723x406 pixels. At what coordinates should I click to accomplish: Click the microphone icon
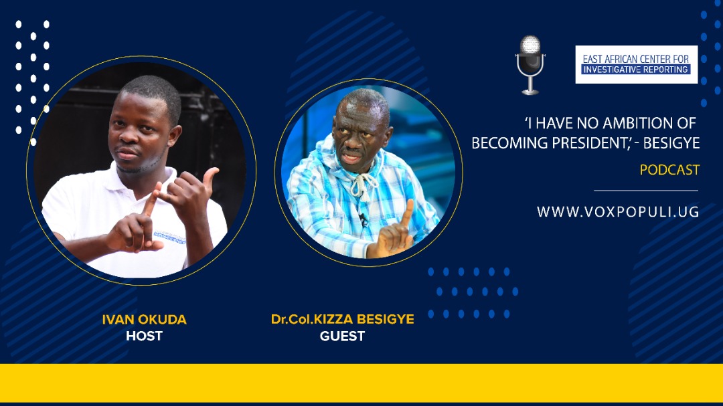(x=530, y=65)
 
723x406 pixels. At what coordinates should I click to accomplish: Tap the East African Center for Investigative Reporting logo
(x=637, y=64)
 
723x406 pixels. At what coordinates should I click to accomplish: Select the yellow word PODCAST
(x=669, y=170)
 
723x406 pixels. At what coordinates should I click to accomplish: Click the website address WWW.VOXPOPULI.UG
(x=618, y=212)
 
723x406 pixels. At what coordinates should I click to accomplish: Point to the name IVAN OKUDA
(x=145, y=319)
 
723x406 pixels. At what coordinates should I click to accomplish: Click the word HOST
(x=145, y=336)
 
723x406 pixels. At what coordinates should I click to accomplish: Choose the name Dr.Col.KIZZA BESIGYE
(x=343, y=319)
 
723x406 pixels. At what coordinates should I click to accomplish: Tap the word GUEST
(x=343, y=336)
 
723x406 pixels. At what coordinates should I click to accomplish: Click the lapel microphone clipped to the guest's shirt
(x=364, y=219)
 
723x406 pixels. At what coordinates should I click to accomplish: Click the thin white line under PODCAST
(x=646, y=191)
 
